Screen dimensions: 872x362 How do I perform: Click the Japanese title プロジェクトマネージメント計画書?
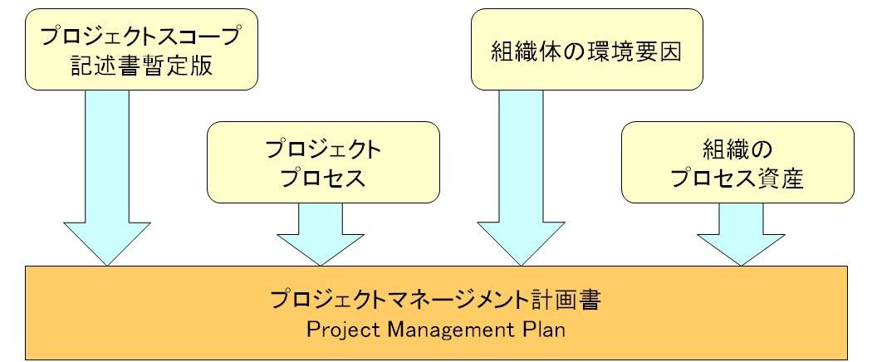pyautogui.click(x=435, y=301)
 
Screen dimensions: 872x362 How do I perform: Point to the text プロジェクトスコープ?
pyautogui.click(x=141, y=37)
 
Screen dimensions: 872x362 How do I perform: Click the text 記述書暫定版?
pyautogui.click(x=141, y=66)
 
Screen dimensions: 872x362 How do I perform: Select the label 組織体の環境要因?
pyautogui.click(x=586, y=52)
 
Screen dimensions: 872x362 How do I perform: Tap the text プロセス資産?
pyautogui.click(x=737, y=179)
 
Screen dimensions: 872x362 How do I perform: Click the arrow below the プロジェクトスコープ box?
pyautogui.click(x=107, y=178)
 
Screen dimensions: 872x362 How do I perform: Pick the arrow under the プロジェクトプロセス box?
pyautogui.click(x=321, y=234)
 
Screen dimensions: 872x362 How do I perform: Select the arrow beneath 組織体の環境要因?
pyautogui.click(x=521, y=178)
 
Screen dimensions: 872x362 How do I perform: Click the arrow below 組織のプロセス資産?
pyautogui.click(x=741, y=234)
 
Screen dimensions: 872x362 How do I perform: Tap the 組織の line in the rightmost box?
pyautogui.click(x=737, y=149)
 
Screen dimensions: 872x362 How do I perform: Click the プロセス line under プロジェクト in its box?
pyautogui.click(x=323, y=179)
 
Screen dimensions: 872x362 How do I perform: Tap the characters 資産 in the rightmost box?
pyautogui.click(x=781, y=179)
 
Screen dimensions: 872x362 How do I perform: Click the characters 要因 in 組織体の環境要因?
pyautogui.click(x=659, y=52)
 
